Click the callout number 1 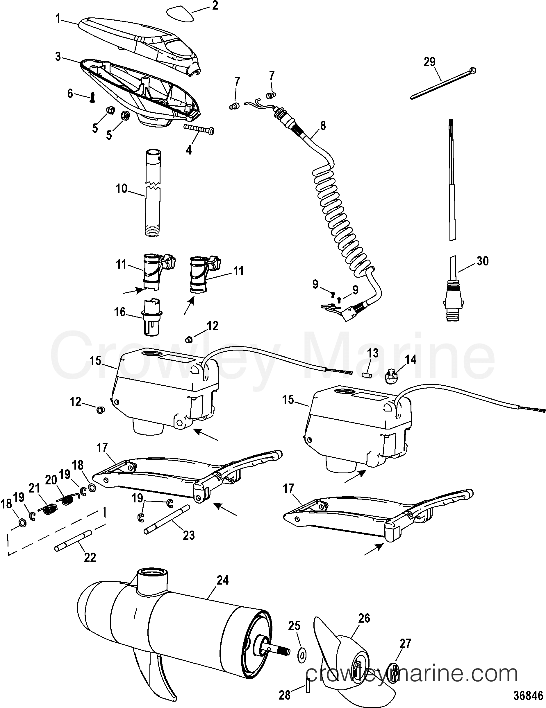coord(58,19)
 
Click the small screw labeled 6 coord(92,97)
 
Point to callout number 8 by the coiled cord coord(322,125)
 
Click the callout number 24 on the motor coord(222,580)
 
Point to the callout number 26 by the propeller coord(364,618)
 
